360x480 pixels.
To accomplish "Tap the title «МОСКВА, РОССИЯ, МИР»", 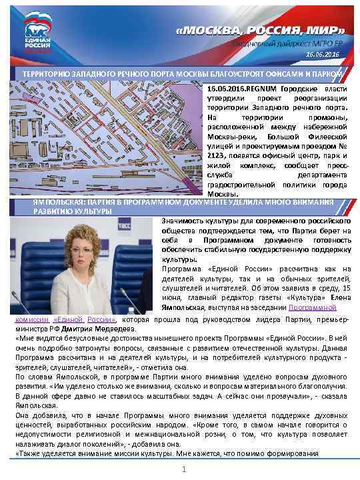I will [x=261, y=30].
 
